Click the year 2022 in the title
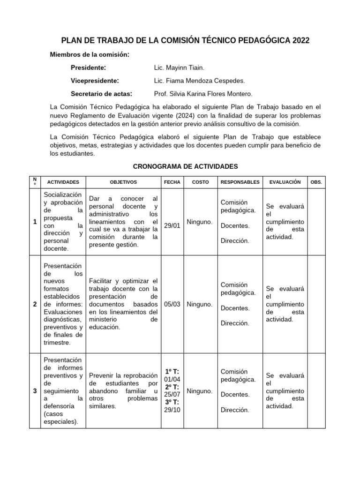[300, 41]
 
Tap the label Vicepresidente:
[95, 80]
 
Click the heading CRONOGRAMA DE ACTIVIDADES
[186, 166]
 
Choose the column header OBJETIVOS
[123, 182]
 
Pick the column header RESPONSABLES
[240, 182]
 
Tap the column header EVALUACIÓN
[285, 182]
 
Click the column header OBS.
[316, 182]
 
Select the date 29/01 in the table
[172, 225]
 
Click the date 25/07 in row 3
[172, 394]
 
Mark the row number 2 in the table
[35, 304]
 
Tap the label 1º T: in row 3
[172, 372]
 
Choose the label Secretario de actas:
[101, 93]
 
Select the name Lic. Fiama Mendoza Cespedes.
[199, 80]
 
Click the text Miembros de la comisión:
[90, 55]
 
